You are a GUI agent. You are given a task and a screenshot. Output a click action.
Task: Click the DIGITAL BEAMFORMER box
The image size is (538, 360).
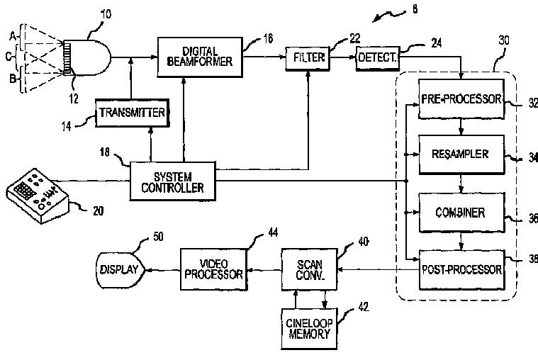(x=200, y=57)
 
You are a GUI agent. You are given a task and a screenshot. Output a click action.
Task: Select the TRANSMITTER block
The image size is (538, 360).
(x=132, y=113)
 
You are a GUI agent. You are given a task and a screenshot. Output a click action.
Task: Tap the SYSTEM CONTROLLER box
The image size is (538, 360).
(x=172, y=181)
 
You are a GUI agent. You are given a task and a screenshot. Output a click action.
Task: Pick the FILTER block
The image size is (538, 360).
(x=308, y=58)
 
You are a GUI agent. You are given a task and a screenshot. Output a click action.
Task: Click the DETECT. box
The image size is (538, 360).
(x=378, y=58)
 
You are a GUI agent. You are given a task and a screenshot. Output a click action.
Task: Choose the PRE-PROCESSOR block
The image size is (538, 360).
(x=461, y=99)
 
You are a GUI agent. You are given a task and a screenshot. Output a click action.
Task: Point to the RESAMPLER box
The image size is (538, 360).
(x=461, y=154)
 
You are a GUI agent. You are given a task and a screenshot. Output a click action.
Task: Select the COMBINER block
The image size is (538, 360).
(x=461, y=213)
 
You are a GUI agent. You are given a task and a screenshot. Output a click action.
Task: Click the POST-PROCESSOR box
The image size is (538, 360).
(x=462, y=270)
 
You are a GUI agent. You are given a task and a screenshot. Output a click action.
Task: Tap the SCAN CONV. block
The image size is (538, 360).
(x=310, y=270)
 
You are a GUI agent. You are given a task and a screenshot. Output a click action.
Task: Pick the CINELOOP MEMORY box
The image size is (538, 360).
(x=309, y=329)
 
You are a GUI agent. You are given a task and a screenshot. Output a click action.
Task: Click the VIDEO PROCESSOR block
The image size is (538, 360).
(x=213, y=269)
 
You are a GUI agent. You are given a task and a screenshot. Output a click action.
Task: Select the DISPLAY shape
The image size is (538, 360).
(x=120, y=270)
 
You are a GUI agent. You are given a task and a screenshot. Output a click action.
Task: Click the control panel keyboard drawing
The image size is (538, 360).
(x=38, y=196)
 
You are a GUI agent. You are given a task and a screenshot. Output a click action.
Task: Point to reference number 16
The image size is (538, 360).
(x=269, y=38)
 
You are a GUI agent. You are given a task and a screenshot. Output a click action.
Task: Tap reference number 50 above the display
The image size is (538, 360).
(x=158, y=237)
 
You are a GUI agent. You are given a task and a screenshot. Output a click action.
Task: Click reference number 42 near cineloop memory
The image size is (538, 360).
(x=364, y=306)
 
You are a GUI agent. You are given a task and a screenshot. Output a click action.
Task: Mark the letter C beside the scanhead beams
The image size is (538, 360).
(x=9, y=56)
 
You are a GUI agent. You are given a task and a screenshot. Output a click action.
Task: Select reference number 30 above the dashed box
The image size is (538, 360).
(x=504, y=40)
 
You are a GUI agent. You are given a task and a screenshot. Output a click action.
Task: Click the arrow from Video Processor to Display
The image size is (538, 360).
(x=163, y=270)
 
